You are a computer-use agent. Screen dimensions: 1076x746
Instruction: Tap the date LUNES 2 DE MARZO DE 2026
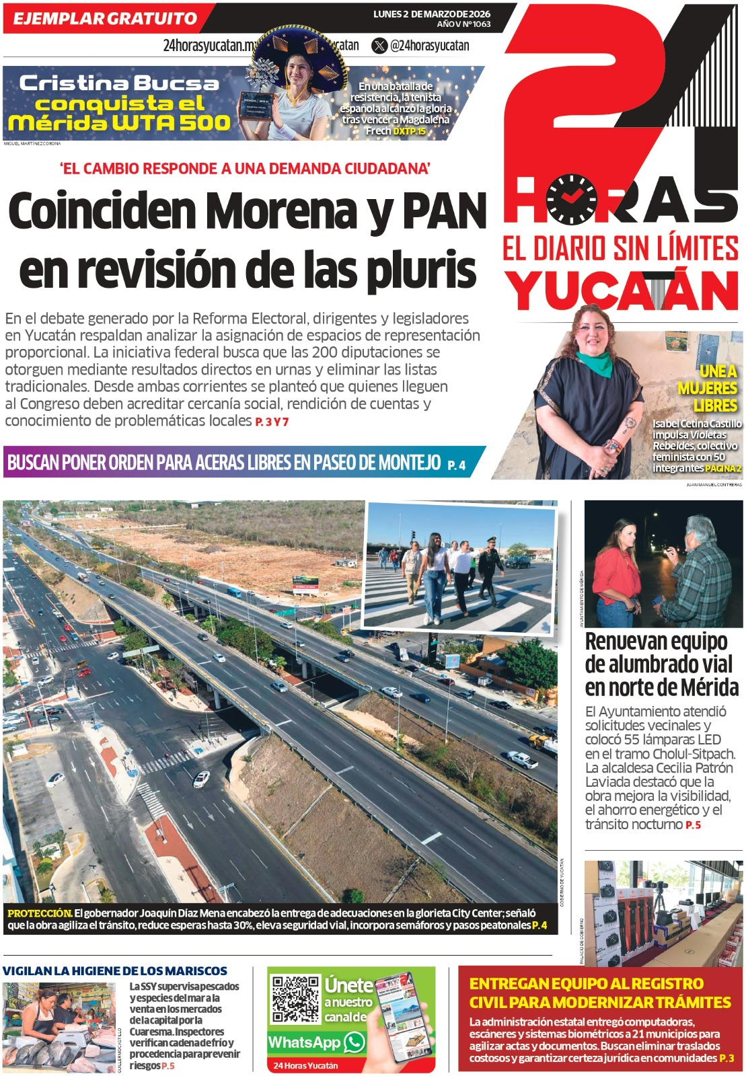(x=431, y=14)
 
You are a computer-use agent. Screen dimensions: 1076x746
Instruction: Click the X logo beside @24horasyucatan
(x=380, y=46)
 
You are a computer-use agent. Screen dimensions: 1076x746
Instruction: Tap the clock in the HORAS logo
(x=571, y=200)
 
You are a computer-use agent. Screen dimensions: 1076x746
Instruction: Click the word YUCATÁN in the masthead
(x=622, y=291)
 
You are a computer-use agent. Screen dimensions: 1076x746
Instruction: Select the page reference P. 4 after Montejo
(x=456, y=465)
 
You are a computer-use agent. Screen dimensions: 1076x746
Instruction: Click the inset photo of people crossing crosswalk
(x=461, y=567)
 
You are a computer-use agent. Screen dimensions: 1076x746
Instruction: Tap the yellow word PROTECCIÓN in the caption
(x=39, y=913)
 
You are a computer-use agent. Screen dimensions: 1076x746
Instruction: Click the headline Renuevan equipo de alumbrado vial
(x=660, y=664)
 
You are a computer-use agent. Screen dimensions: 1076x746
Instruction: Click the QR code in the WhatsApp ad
(x=295, y=999)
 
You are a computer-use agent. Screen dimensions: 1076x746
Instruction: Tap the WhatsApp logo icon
(x=354, y=1042)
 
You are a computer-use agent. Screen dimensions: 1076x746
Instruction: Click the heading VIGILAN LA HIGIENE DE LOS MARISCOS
(x=115, y=971)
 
